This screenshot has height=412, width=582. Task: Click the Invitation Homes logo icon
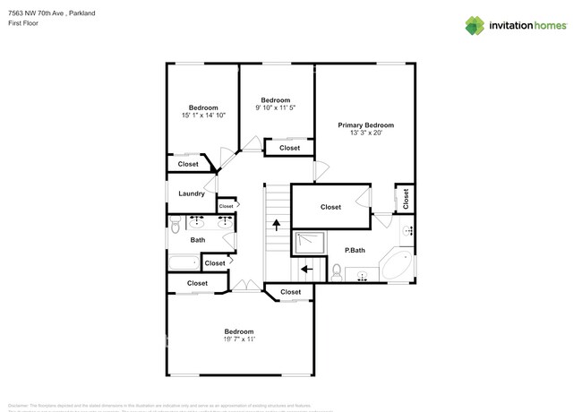(474, 25)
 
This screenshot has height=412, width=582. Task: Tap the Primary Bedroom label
(365, 125)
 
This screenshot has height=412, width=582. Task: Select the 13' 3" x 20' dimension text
(365, 133)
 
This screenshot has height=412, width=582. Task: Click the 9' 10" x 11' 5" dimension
(275, 107)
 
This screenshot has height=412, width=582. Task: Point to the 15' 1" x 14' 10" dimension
(203, 116)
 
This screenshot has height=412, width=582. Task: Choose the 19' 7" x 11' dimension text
(238, 339)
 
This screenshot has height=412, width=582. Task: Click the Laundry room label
(192, 193)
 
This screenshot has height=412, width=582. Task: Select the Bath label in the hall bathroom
(198, 239)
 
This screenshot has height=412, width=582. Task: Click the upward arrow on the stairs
(276, 224)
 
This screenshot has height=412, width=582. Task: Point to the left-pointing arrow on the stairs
(306, 268)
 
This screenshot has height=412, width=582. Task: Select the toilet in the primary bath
(336, 271)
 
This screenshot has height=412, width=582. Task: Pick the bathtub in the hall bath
(184, 262)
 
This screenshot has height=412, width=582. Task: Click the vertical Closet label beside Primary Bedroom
(406, 198)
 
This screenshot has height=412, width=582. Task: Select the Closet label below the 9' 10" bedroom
(289, 148)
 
